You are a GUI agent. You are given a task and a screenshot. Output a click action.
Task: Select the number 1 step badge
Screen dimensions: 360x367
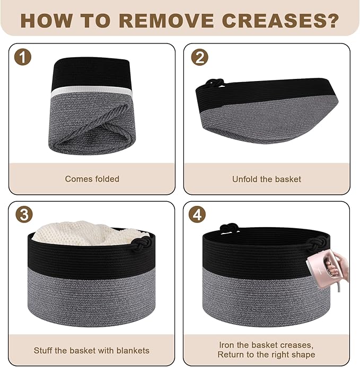coord(22,57)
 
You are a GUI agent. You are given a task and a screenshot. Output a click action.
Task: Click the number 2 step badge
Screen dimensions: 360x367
coord(199,57)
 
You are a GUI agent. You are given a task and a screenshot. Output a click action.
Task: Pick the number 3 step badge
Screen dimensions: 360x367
coord(24,214)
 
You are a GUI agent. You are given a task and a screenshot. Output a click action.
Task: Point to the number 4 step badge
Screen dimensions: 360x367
coord(197,214)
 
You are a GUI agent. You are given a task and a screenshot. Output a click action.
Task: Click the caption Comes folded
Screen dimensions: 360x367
coord(92,179)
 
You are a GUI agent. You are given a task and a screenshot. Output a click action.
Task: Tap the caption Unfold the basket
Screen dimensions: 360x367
coord(267,179)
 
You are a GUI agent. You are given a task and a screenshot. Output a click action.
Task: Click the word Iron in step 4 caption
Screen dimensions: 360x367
coord(227,345)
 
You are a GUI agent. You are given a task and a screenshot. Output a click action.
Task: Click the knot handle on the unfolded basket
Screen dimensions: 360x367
coord(214,83)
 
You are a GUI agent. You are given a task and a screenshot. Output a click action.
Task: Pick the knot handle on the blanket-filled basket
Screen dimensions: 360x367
coord(140,244)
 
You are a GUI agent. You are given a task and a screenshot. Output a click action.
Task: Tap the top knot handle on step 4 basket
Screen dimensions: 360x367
coord(230,228)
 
